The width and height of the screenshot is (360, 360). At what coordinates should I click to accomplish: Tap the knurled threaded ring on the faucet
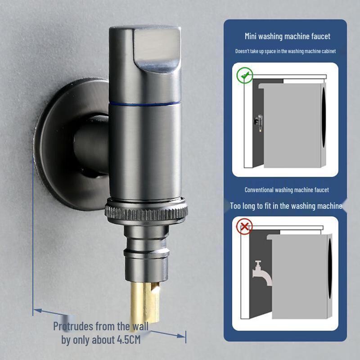click(146, 211)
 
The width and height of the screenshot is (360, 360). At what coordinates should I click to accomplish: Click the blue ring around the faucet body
click(145, 103)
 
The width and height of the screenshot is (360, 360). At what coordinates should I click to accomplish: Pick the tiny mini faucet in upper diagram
click(257, 121)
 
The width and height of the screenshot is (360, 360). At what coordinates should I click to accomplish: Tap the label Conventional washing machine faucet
click(287, 190)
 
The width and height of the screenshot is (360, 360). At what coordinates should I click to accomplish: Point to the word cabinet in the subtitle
click(327, 51)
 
